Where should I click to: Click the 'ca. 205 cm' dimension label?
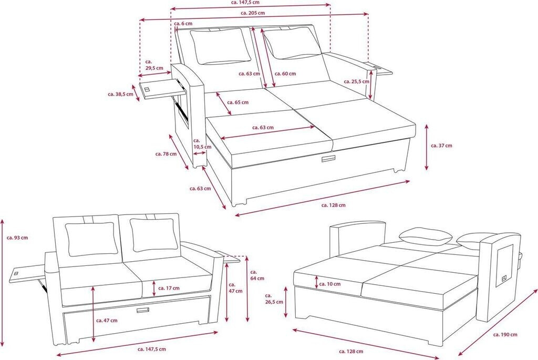(x=252, y=13)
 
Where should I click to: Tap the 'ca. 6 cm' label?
(x=183, y=24)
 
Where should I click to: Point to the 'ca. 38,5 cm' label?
(x=120, y=94)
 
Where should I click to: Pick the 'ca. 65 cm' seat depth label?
(x=238, y=102)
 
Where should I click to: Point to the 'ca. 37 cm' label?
(x=441, y=146)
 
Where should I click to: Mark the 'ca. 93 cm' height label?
(x=17, y=238)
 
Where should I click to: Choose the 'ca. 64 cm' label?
(x=257, y=275)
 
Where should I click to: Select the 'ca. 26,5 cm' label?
(x=274, y=299)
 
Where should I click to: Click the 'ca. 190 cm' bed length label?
(x=505, y=334)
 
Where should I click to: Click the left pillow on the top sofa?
(x=220, y=46)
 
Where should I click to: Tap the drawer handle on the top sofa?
(x=329, y=159)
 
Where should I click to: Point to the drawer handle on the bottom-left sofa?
(x=142, y=311)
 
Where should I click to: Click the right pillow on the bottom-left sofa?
(x=153, y=234)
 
